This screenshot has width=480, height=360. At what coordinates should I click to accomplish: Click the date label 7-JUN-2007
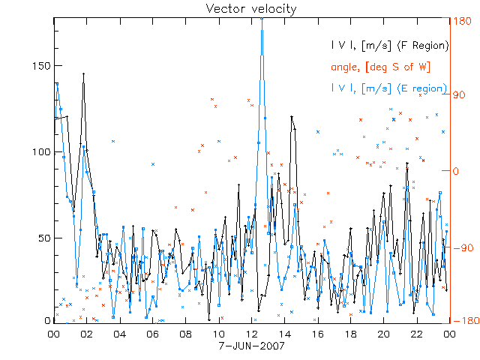point(251,347)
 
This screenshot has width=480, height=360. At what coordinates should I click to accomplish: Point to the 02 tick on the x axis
point(86,334)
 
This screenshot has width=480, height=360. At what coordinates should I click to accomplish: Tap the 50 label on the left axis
point(43,238)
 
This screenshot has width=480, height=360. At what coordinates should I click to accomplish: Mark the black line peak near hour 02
point(84,73)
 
